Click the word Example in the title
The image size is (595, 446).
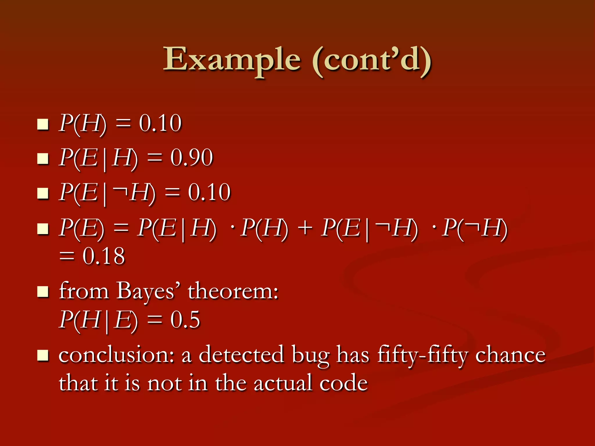(232, 60)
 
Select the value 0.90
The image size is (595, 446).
(191, 158)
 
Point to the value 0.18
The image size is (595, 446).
(103, 256)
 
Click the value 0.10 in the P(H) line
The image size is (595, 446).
(160, 123)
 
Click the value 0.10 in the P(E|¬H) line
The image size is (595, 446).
(209, 193)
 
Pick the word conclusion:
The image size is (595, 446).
(116, 355)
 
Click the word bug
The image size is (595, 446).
(311, 356)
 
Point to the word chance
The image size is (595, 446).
(510, 355)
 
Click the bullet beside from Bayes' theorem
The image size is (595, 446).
(43, 292)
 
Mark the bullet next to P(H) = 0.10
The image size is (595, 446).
(43, 124)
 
